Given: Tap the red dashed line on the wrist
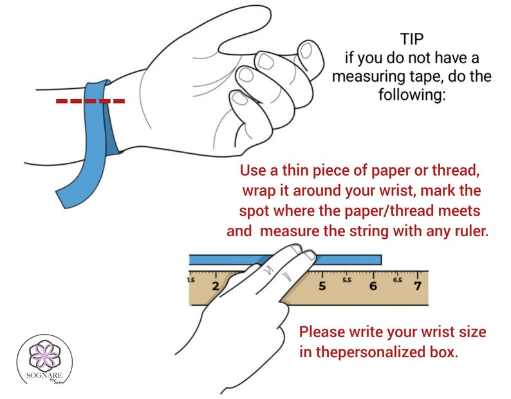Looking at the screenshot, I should pyautogui.click(x=89, y=101).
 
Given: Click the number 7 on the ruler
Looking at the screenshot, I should pyautogui.click(x=418, y=285).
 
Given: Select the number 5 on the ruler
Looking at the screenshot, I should pyautogui.click(x=321, y=286).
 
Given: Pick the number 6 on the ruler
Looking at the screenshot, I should pyautogui.click(x=373, y=285).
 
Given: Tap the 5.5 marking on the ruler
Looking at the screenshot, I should pyautogui.click(x=346, y=281).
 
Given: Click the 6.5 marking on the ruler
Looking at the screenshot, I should pyautogui.click(x=398, y=281).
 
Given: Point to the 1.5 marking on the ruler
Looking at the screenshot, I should pyautogui.click(x=191, y=281).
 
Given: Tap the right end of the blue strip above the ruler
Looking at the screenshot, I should pyautogui.click(x=379, y=260).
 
